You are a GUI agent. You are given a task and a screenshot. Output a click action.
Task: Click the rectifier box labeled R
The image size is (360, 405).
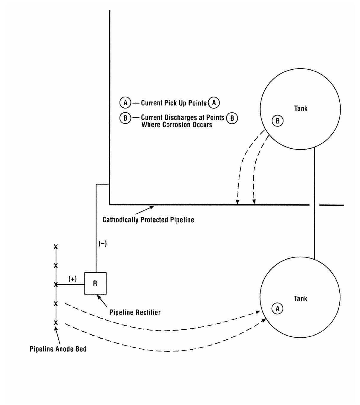point(95,283)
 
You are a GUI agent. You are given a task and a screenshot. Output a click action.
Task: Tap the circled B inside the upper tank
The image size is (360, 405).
point(278,121)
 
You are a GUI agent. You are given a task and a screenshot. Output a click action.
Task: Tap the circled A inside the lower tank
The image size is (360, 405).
point(278,308)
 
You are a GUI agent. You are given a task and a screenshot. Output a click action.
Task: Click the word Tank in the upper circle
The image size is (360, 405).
point(301,109)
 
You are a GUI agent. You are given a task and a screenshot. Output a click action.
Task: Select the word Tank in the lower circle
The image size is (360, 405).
point(301,299)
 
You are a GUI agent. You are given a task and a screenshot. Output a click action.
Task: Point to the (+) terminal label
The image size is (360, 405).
point(73,279)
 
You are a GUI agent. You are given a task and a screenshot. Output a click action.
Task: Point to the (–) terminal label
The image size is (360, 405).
point(102,244)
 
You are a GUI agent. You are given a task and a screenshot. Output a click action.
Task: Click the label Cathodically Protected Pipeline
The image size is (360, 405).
point(148,220)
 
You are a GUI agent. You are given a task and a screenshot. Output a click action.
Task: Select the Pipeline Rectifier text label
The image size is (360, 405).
point(135,313)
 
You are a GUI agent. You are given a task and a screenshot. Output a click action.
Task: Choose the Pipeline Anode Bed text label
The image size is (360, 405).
point(58,349)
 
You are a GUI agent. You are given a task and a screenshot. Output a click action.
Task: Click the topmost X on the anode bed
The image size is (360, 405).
point(56,247)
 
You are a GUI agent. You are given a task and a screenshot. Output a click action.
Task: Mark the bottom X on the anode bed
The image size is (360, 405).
point(56,322)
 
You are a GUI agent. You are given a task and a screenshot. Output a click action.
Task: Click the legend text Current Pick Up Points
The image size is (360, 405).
point(174,103)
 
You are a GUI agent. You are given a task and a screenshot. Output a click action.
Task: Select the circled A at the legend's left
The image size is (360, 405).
point(125,103)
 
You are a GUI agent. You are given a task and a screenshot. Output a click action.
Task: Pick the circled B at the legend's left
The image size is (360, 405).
point(125,118)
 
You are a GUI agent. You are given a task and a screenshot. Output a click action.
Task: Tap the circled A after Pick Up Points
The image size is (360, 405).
point(214,103)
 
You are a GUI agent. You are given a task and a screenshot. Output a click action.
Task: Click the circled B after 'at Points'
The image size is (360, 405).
point(232,118)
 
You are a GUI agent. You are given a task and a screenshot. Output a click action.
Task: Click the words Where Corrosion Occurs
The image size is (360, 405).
point(177,125)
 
